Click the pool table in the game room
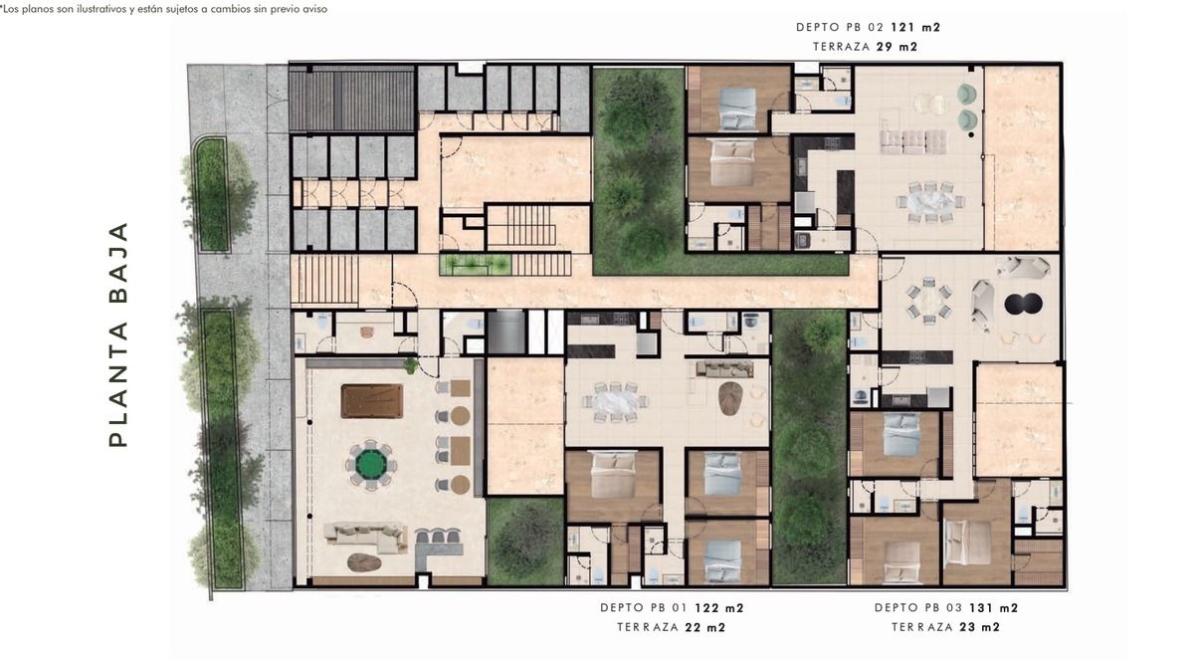[x=372, y=400]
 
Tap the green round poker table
[x=371, y=465]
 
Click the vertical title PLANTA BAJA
[x=118, y=334]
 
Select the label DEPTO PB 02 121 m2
[x=869, y=27]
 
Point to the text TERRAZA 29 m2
[x=865, y=47]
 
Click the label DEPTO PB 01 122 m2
[x=672, y=607]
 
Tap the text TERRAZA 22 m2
[x=671, y=627]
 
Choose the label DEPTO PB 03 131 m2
[x=946, y=607]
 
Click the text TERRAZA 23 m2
[x=945, y=627]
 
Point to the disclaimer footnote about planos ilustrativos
[x=163, y=9]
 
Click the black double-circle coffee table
[x=1023, y=304]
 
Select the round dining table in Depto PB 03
[x=929, y=302]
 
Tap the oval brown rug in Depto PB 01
[x=730, y=398]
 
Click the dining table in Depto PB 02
[x=930, y=202]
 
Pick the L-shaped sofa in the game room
[x=366, y=537]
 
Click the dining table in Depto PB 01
[x=616, y=401]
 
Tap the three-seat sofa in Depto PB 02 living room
[x=913, y=142]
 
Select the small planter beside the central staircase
[x=475, y=265]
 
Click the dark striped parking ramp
[x=351, y=100]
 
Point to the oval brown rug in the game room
[x=364, y=562]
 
